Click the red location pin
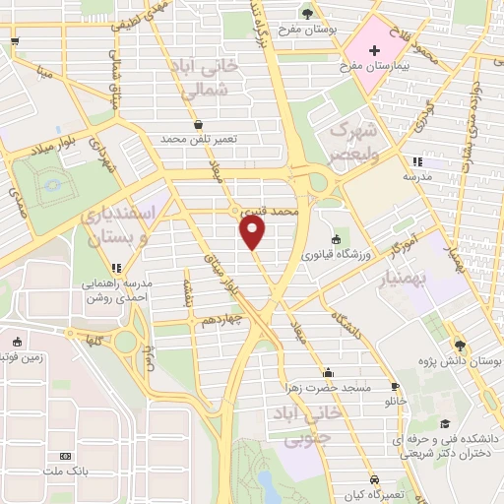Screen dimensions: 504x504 254,233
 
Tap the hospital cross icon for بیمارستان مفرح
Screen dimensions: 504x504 374,49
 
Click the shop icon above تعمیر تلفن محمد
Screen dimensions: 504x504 200,125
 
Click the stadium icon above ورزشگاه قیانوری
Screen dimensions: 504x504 336,239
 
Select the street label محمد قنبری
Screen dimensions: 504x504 269,211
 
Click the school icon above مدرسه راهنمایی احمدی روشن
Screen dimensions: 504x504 116,267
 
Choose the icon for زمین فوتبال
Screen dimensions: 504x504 15,343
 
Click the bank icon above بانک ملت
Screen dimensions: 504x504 66,457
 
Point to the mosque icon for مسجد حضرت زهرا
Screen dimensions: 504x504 328,373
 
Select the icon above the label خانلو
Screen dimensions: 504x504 394,387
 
